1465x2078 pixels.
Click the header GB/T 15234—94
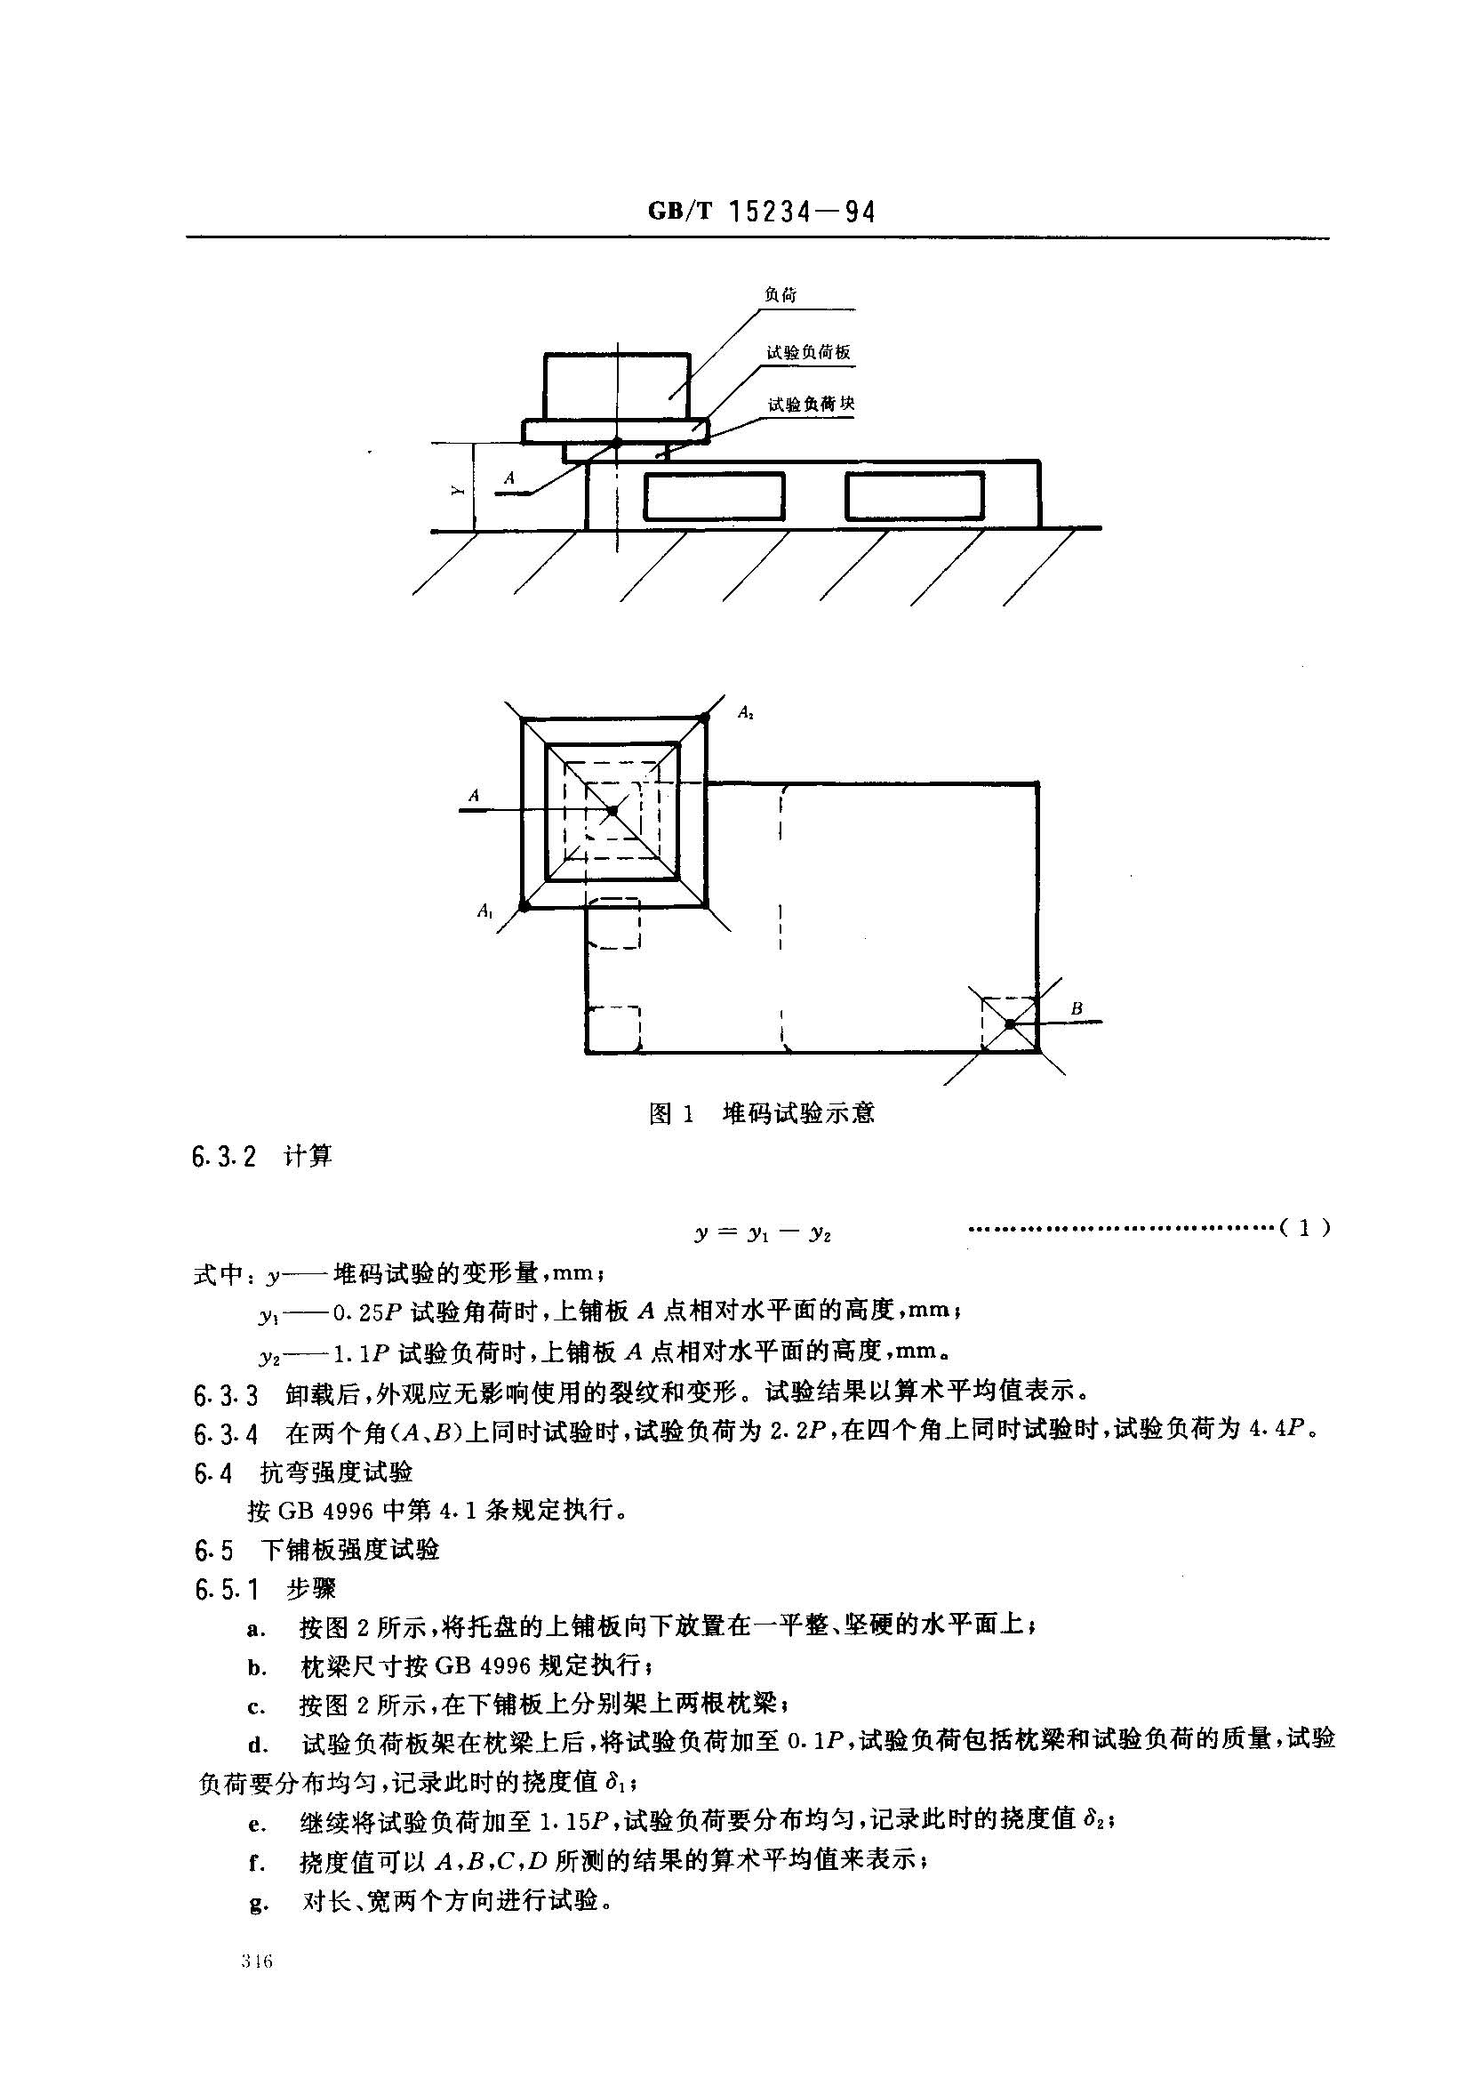tap(761, 212)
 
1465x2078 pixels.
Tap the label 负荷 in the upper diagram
tap(780, 295)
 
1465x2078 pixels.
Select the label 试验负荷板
tap(808, 353)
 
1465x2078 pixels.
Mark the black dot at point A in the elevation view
tap(617, 443)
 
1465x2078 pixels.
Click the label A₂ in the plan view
tap(746, 712)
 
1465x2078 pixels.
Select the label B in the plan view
tap(1077, 1008)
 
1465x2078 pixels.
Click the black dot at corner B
tap(1010, 1023)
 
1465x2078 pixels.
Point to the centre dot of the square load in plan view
tap(612, 810)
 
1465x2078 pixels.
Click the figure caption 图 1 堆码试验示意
tap(761, 1112)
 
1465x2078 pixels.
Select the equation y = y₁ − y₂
tap(762, 1232)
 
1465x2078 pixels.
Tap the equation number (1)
tap(1304, 1228)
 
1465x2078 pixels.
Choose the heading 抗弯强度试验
tap(337, 1472)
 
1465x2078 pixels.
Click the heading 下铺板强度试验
tap(350, 1550)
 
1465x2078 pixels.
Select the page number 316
tap(257, 1962)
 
